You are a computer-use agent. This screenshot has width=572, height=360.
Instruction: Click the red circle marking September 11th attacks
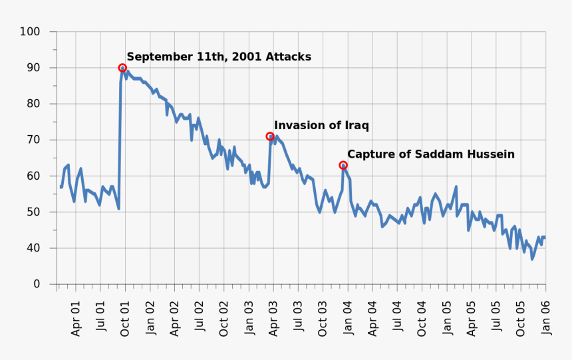122,68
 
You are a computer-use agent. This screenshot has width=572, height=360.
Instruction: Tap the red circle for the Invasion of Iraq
270,136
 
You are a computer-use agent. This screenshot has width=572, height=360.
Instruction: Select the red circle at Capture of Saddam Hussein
343,165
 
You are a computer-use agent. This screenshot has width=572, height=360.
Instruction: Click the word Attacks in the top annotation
288,57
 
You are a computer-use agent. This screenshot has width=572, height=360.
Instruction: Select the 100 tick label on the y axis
30,32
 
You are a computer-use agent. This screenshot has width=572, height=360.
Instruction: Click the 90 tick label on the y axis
33,68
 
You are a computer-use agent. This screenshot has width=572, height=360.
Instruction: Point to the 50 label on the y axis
33,212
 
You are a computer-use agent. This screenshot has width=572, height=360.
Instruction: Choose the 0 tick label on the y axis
36,284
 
